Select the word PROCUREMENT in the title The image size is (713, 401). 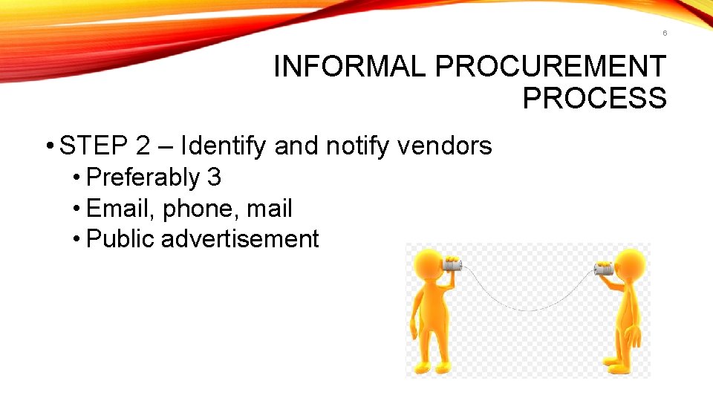550,67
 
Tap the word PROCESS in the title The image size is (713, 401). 594,98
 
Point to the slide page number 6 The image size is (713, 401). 665,33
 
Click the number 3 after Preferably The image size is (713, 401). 214,177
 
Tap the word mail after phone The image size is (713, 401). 270,209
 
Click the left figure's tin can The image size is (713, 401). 452,264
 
